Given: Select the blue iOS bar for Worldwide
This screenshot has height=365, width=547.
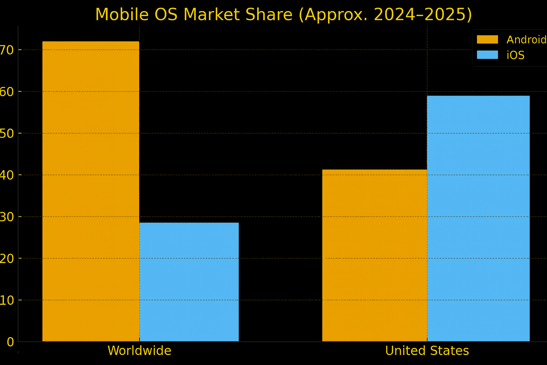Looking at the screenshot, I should click(x=189, y=282).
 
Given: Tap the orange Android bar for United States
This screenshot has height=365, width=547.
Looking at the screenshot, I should click(x=375, y=255).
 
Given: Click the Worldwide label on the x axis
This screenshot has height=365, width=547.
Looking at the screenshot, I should click(x=139, y=351).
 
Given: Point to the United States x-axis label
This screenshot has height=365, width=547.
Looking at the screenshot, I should click(x=427, y=351).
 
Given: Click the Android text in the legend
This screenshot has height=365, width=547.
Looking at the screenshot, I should click(x=526, y=40).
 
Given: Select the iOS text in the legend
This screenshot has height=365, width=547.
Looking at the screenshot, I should click(x=515, y=55).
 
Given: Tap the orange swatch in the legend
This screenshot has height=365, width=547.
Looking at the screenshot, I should click(x=487, y=40).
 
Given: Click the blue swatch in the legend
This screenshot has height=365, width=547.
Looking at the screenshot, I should click(x=487, y=55).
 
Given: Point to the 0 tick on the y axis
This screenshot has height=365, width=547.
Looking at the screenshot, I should click(x=10, y=342).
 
